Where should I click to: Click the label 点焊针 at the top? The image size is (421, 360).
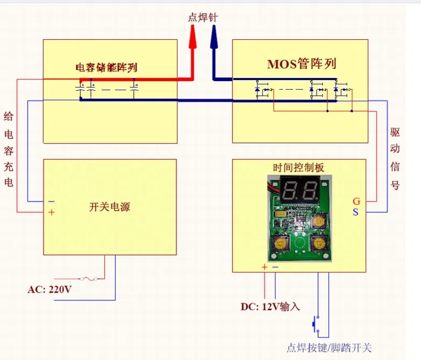(x=203, y=18)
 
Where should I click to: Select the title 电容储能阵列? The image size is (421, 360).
(x=106, y=68)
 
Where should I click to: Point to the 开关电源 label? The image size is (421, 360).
(x=110, y=207)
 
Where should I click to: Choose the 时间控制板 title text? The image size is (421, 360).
(x=299, y=168)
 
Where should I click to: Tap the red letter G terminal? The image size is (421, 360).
(x=356, y=201)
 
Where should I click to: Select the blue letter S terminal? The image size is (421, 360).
(x=355, y=212)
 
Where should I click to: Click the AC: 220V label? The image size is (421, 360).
(x=49, y=289)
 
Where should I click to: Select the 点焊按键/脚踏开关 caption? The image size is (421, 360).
(x=329, y=348)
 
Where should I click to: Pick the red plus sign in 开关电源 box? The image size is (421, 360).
(x=52, y=212)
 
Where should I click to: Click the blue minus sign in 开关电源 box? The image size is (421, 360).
(x=52, y=201)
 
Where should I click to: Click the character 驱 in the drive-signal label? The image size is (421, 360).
(x=395, y=132)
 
